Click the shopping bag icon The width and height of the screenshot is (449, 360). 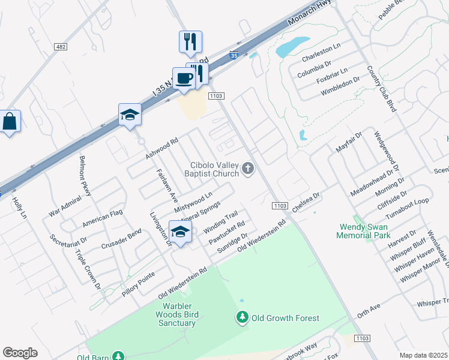pos(10,121)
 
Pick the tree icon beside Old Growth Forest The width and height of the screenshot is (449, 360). pos(243,317)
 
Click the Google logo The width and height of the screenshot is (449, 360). pos(20,352)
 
